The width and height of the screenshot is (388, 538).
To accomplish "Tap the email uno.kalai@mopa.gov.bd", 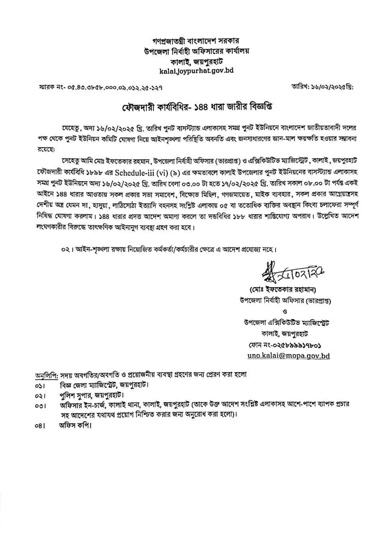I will coord(288,356).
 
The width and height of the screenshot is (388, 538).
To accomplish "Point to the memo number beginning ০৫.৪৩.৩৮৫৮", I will coord(99,86).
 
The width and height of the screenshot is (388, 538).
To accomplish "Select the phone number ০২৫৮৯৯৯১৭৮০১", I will coord(285,345).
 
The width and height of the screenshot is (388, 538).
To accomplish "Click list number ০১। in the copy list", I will coord(40,386).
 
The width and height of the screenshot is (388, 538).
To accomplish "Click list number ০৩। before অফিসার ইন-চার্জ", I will coord(40,406).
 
